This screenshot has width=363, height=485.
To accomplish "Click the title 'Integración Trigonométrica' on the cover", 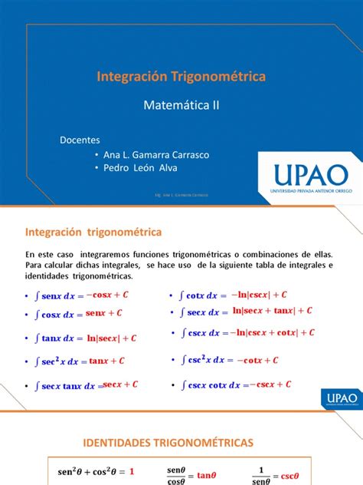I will click(181, 77).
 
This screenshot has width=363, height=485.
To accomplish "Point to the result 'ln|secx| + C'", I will click(111, 338).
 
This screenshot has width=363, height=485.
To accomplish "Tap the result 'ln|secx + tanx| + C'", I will click(273, 311).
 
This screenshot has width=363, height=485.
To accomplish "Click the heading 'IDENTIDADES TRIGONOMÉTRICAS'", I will click(181, 444).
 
